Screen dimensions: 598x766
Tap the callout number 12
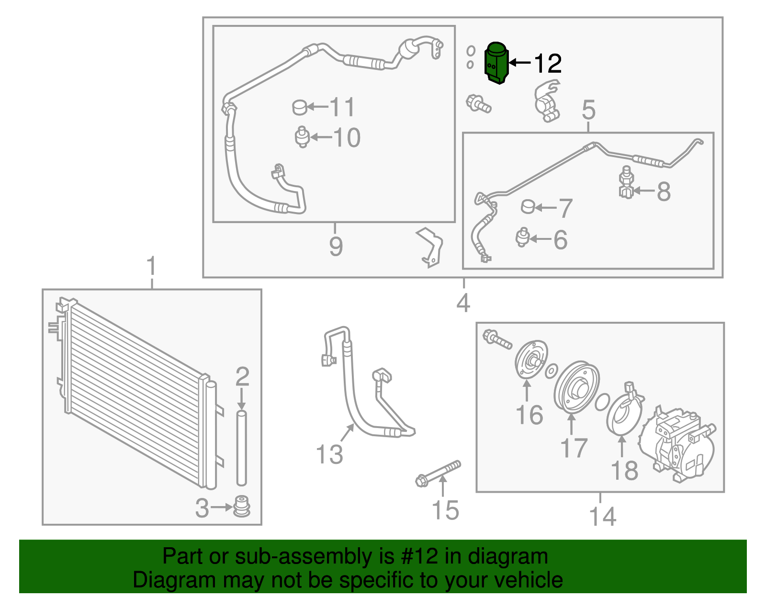547,63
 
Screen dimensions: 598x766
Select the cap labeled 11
300,107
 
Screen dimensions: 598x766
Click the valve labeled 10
302,137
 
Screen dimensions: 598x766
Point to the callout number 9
336,246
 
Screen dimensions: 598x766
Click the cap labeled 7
528,207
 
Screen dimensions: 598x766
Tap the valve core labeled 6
522,237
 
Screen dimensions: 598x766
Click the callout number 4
463,303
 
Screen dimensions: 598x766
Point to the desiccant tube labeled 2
241,448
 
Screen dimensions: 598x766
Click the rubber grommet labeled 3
242,507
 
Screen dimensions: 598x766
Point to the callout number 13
329,454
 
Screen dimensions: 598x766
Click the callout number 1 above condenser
151,266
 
